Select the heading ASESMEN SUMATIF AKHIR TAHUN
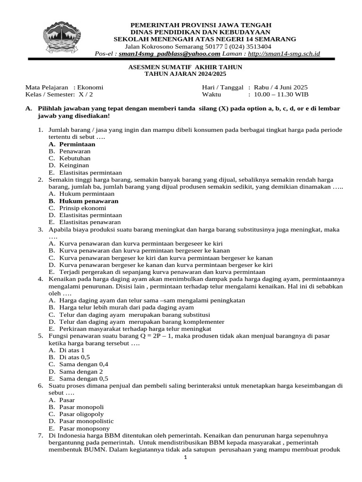point(185,67)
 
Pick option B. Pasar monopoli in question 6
point(76,407)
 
